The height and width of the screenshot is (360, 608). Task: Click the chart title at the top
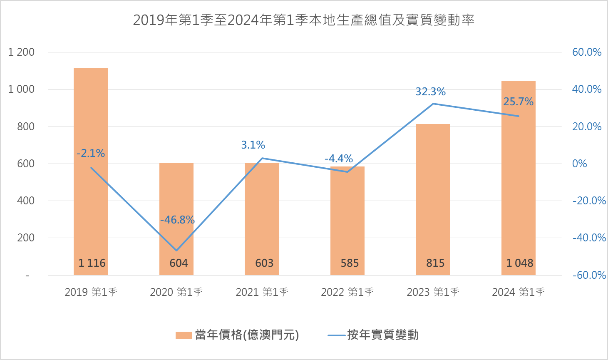click(303, 20)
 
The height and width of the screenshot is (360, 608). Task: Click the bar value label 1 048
click(519, 263)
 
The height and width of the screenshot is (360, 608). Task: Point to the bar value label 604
click(179, 263)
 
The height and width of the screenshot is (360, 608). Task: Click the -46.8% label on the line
click(177, 220)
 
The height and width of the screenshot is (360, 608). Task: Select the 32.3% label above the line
click(430, 92)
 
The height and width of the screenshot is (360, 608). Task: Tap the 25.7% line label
click(518, 102)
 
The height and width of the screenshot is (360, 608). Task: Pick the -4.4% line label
click(339, 159)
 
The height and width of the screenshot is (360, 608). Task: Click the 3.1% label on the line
click(253, 145)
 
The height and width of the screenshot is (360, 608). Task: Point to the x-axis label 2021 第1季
click(262, 292)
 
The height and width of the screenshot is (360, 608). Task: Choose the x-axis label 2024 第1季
click(519, 292)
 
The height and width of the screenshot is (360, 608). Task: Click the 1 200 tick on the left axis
click(21, 52)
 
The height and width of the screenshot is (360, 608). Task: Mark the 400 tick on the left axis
click(26, 201)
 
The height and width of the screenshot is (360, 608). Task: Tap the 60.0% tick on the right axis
click(587, 52)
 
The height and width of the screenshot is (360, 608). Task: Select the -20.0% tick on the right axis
click(589, 201)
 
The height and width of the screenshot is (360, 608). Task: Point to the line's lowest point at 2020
click(176, 251)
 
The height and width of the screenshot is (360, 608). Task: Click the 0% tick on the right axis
click(580, 164)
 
